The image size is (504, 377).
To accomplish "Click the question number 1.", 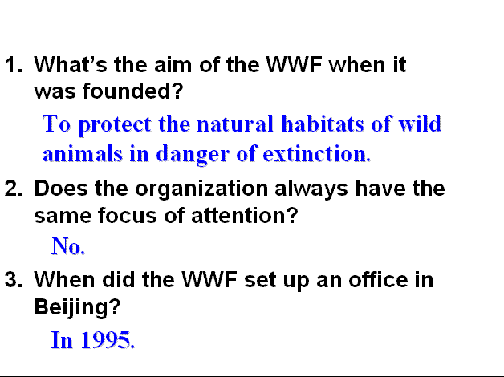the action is [14, 64].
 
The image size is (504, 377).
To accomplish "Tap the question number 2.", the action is [14, 188].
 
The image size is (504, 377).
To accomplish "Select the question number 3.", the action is [14, 279].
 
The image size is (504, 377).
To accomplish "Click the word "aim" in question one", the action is [173, 64].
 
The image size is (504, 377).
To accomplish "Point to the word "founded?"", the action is [133, 91].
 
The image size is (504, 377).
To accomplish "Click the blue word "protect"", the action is [115, 125].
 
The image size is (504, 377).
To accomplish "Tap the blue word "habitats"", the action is [323, 124].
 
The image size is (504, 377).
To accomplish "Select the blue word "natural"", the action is [235, 124].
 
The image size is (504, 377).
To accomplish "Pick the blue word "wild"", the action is [420, 124].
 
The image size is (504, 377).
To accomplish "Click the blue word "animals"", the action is [83, 153].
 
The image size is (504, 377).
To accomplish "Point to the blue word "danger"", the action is [193, 155].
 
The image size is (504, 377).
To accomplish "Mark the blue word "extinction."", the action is [317, 153].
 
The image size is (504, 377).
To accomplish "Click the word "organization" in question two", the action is [201, 190].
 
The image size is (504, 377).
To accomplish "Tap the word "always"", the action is [311, 190].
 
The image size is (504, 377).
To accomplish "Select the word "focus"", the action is [128, 215].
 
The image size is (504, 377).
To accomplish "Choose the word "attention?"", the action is [245, 215].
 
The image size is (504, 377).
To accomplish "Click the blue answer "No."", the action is [68, 246].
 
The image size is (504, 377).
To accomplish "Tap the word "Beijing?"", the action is [77, 308].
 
